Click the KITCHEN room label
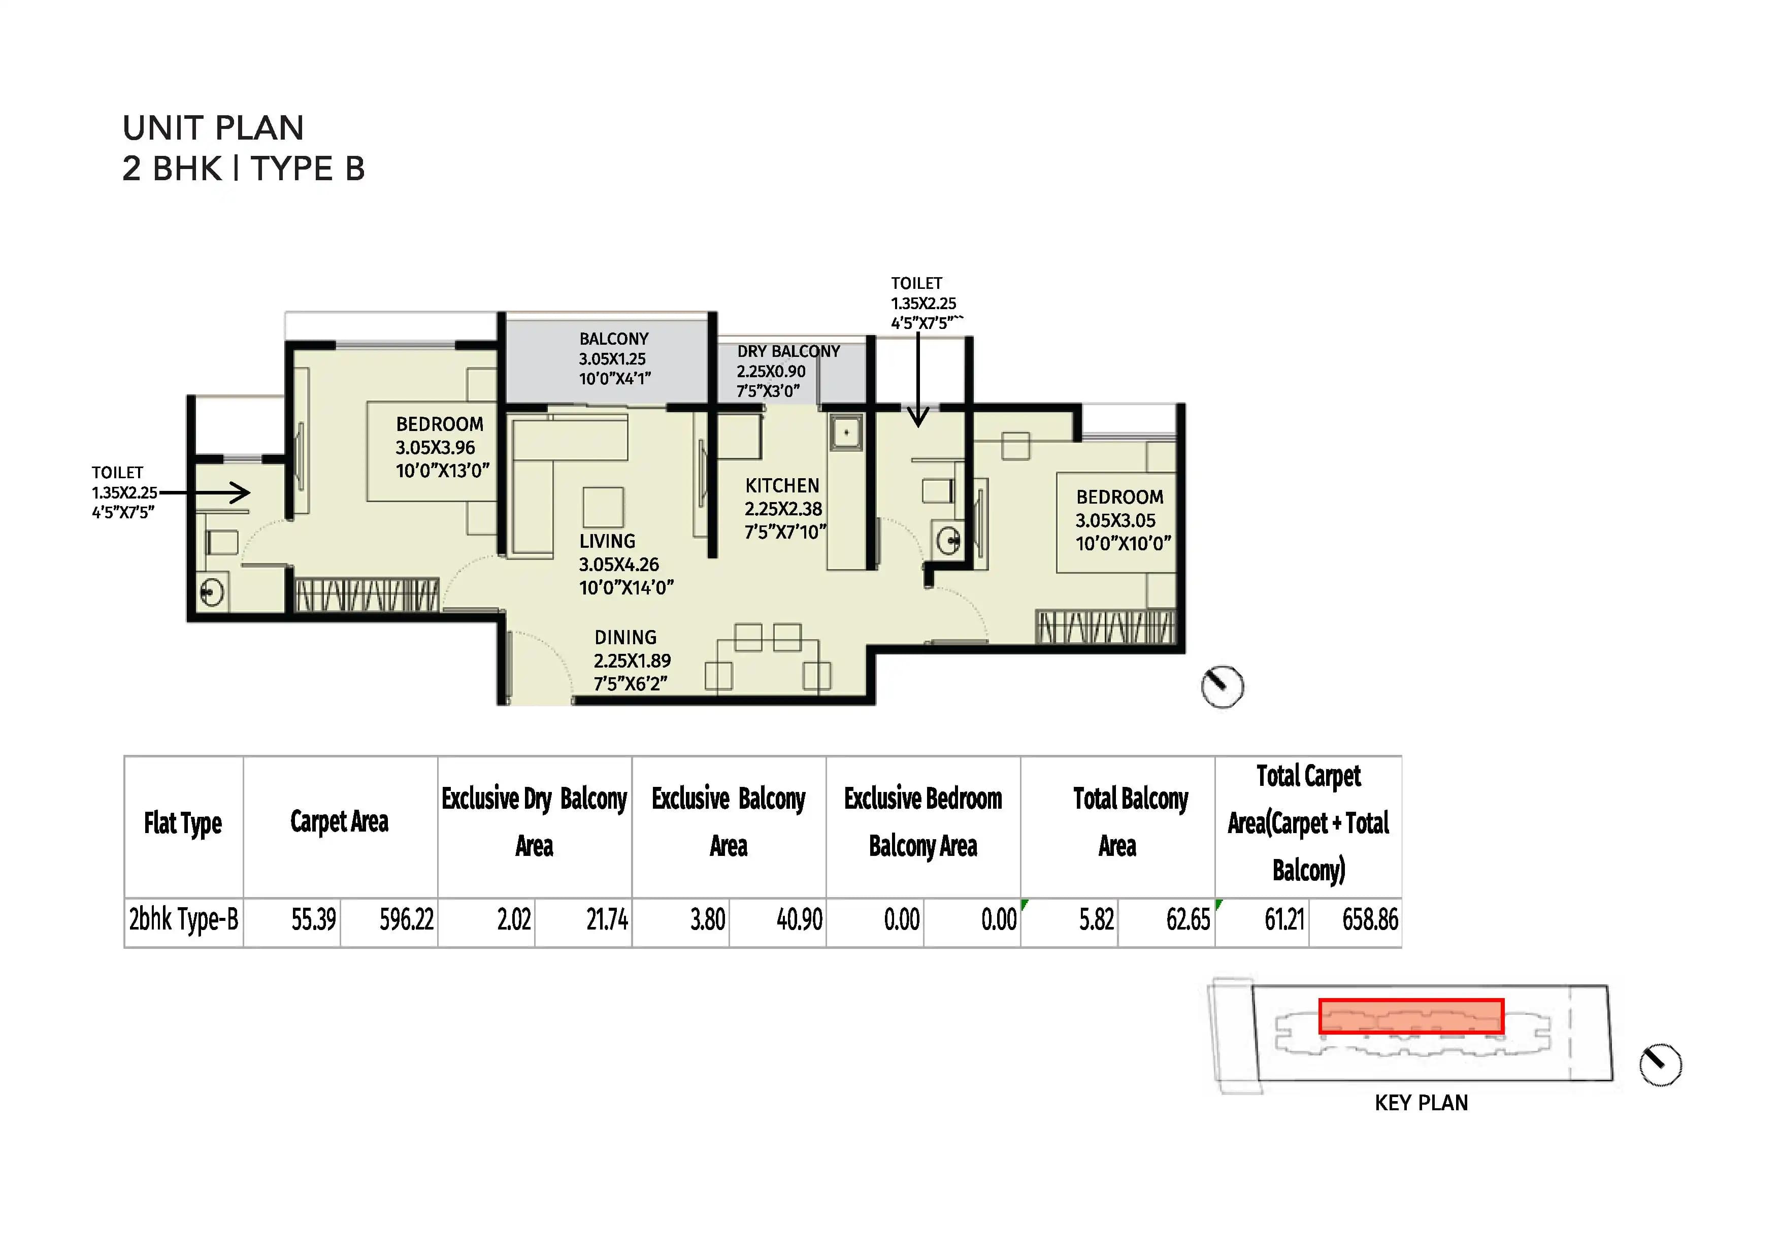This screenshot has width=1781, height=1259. [782, 486]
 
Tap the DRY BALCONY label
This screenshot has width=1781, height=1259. [788, 351]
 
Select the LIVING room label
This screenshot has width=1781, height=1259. [607, 542]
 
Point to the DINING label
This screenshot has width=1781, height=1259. [625, 638]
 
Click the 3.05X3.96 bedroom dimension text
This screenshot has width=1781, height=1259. [435, 448]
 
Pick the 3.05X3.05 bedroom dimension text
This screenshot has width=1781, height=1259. [1115, 520]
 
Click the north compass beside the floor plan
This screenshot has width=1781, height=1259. [1222, 686]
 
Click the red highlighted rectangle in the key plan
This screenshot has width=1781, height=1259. [1411, 1016]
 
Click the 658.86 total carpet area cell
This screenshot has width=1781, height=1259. [1370, 920]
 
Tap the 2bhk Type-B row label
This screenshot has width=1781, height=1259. [184, 920]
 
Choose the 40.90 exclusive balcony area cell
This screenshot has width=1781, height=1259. [799, 920]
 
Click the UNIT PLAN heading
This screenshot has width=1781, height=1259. [213, 128]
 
